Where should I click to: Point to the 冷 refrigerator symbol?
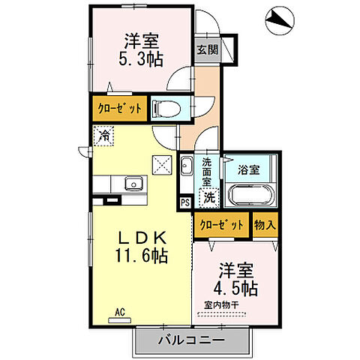pyautogui.click(x=103, y=136)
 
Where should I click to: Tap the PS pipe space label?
pyautogui.click(x=185, y=202)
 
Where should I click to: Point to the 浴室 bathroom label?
pyautogui.click(x=250, y=169)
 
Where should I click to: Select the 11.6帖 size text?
pyautogui.click(x=141, y=255)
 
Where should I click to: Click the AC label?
pyautogui.click(x=119, y=311)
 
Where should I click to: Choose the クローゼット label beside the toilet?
pyautogui.click(x=119, y=109)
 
